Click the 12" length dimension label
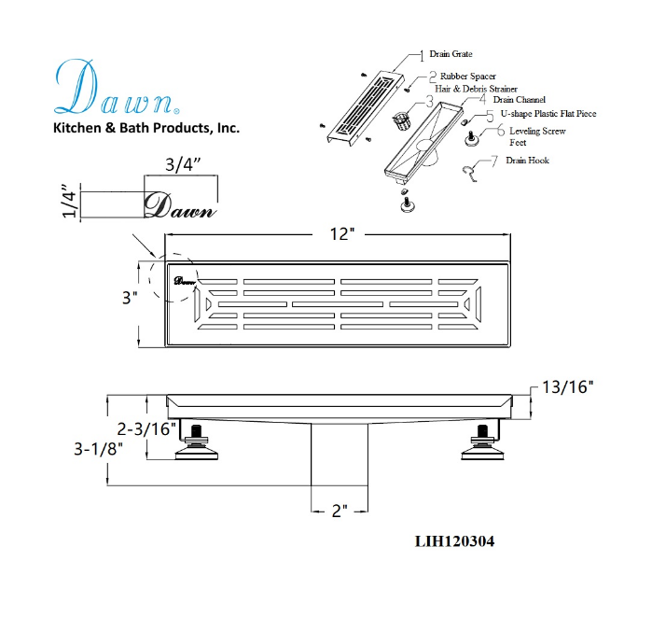[341, 234]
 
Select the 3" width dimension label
[130, 298]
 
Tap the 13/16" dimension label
[567, 387]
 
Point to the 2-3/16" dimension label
[146, 428]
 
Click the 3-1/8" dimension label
[99, 449]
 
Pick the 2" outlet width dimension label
[340, 511]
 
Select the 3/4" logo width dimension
[183, 165]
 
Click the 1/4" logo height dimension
[69, 200]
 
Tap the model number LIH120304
[454, 541]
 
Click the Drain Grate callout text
[451, 54]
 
